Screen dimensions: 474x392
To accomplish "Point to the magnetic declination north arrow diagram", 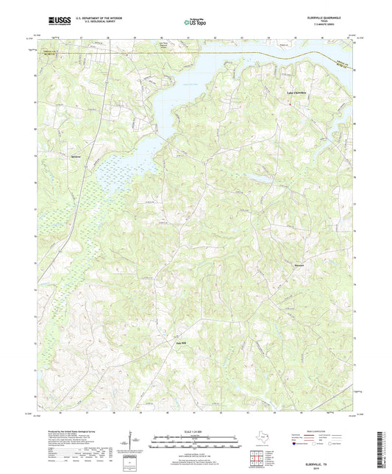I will click(132, 441).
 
